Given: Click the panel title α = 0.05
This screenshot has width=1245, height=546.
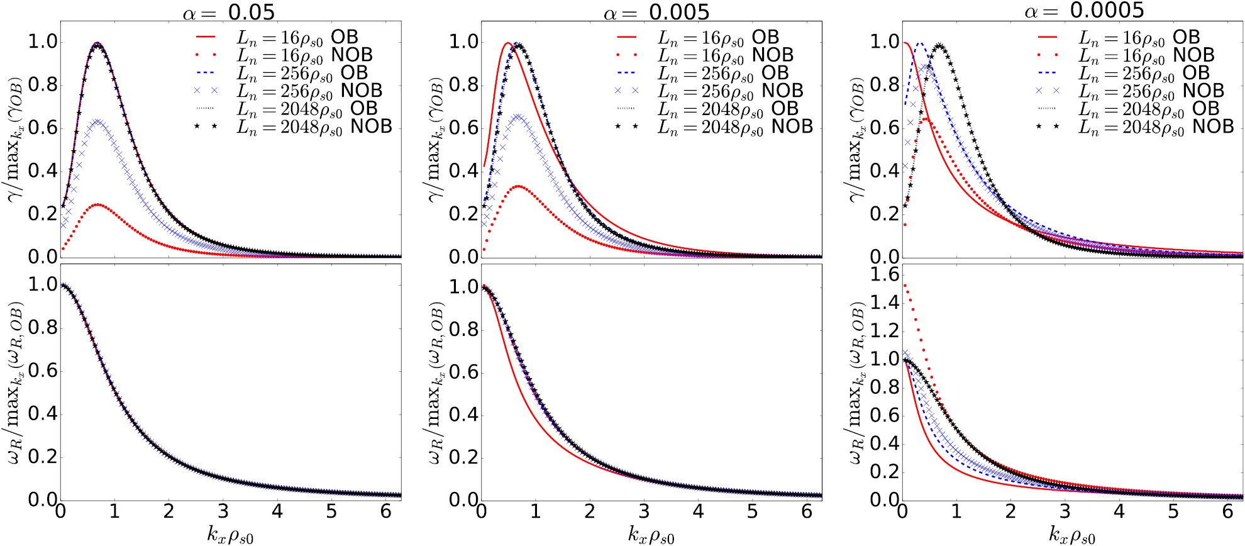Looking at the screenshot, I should [229, 12].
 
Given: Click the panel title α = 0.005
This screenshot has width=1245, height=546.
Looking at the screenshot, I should [656, 12].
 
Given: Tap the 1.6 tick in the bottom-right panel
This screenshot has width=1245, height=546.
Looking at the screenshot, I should [884, 274].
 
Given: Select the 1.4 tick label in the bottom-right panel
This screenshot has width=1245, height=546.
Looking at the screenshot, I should [884, 303].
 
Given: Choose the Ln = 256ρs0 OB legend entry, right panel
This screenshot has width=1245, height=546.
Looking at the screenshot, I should [1144, 74].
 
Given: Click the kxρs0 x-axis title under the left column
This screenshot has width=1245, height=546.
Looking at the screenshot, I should [230, 535].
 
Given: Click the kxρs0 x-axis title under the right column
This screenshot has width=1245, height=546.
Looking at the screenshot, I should [1072, 535].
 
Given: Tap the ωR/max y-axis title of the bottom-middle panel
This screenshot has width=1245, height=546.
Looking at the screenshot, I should [436, 382].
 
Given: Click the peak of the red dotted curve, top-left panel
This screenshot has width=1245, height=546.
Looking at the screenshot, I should [99, 205].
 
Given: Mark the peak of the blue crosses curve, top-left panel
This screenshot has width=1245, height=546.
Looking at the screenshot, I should [98, 120].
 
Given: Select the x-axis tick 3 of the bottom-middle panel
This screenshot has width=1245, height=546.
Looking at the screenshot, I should [644, 511].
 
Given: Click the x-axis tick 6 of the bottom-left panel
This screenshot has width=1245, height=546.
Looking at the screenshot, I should [385, 511].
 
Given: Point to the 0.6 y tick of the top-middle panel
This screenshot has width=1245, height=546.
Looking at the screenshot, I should [463, 128].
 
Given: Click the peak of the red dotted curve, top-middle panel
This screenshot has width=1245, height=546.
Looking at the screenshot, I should [519, 186].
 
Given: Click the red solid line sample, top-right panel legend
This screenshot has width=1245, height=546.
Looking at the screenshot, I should [1048, 37].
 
